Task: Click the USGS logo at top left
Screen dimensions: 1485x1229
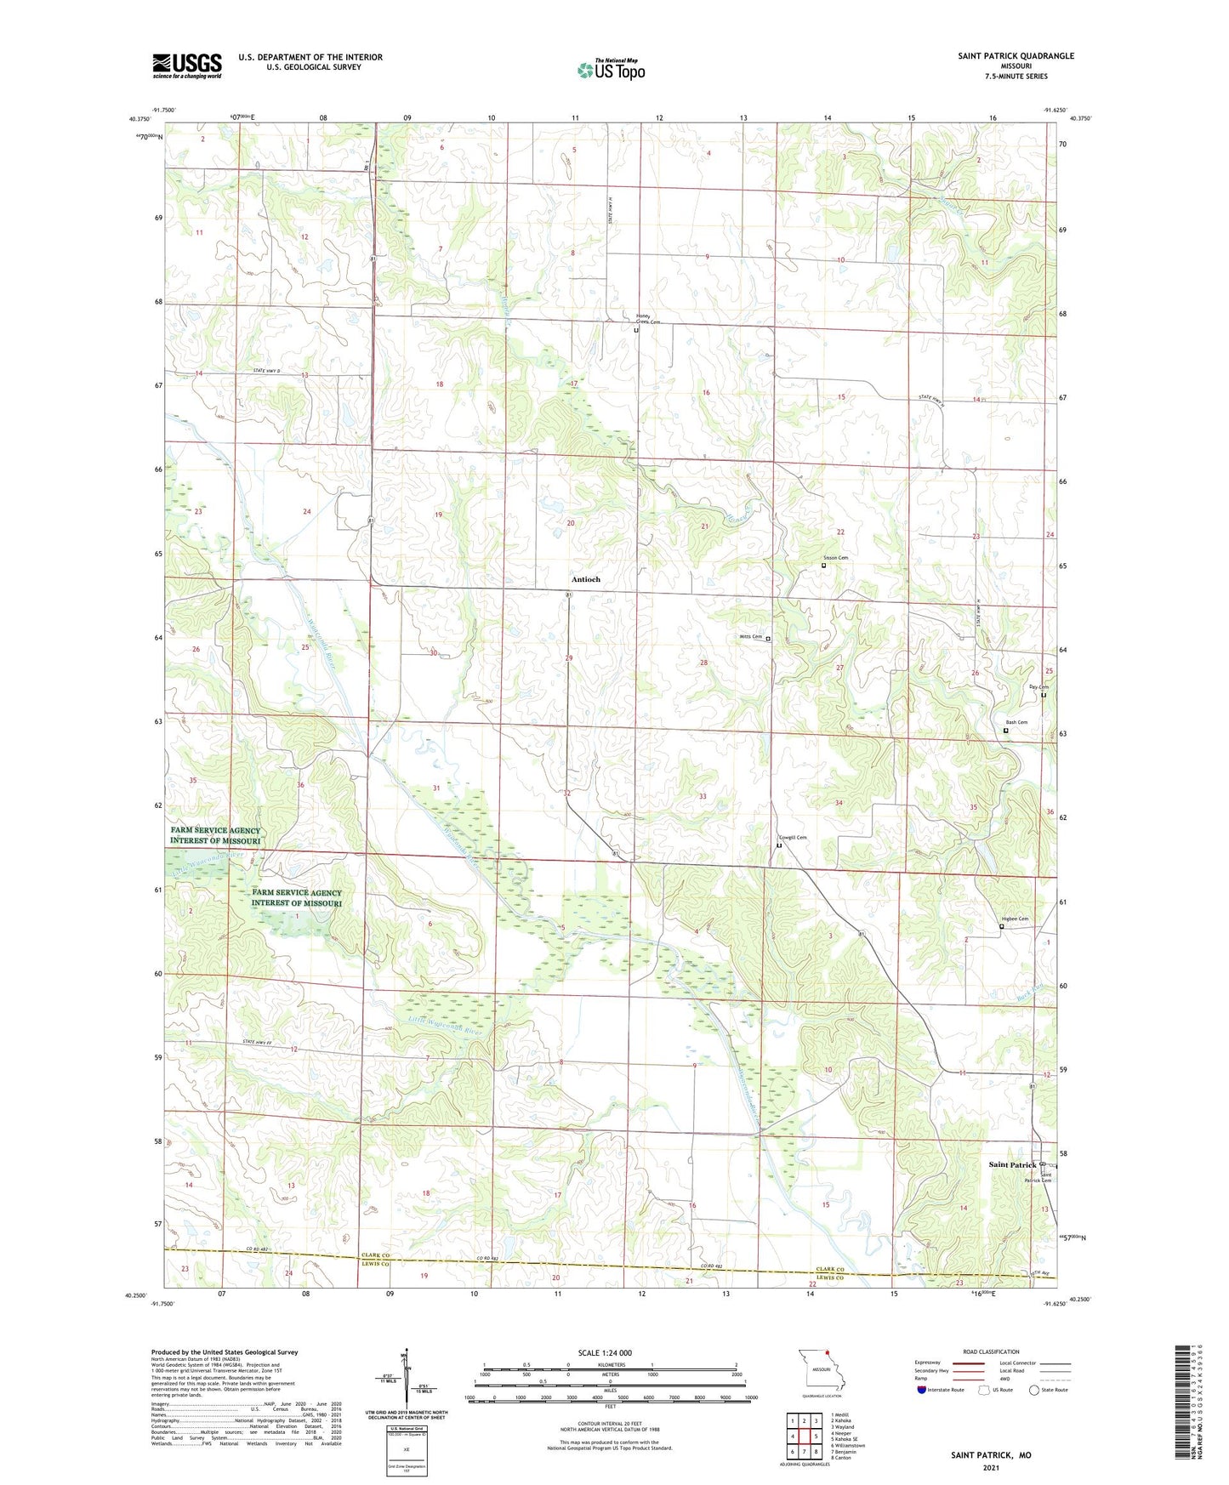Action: tap(187, 65)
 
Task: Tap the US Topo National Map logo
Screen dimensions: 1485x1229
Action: tap(611, 70)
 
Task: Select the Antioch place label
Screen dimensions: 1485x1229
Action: tap(585, 579)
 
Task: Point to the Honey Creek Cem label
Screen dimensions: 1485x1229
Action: tap(648, 319)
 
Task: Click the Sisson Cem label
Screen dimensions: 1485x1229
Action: tap(835, 558)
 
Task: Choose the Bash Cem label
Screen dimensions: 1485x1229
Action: tap(1016, 723)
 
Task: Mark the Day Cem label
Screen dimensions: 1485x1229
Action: tap(1038, 687)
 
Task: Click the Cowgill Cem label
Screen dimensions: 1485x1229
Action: tap(792, 838)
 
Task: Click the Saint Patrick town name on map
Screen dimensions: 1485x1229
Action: tap(1011, 1165)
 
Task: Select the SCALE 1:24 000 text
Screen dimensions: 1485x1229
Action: tap(605, 1353)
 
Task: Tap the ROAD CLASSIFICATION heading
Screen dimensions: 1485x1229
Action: tap(991, 1351)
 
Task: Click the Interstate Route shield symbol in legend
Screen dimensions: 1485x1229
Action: tap(923, 1391)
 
